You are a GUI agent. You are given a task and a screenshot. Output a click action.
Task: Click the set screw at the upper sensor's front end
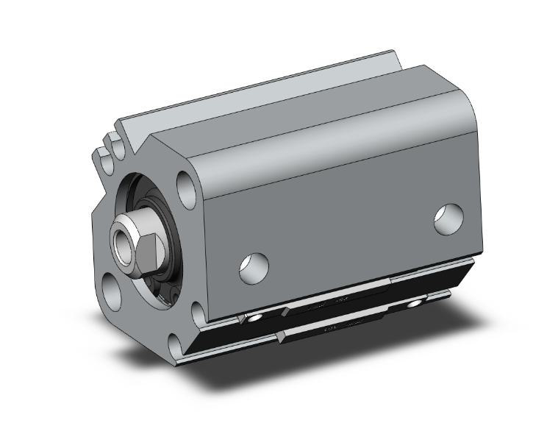click(x=253, y=317)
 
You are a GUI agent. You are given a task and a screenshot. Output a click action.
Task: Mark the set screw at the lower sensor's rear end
click(x=418, y=303)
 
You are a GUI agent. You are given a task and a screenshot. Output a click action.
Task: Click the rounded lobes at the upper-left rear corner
click(x=107, y=147)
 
